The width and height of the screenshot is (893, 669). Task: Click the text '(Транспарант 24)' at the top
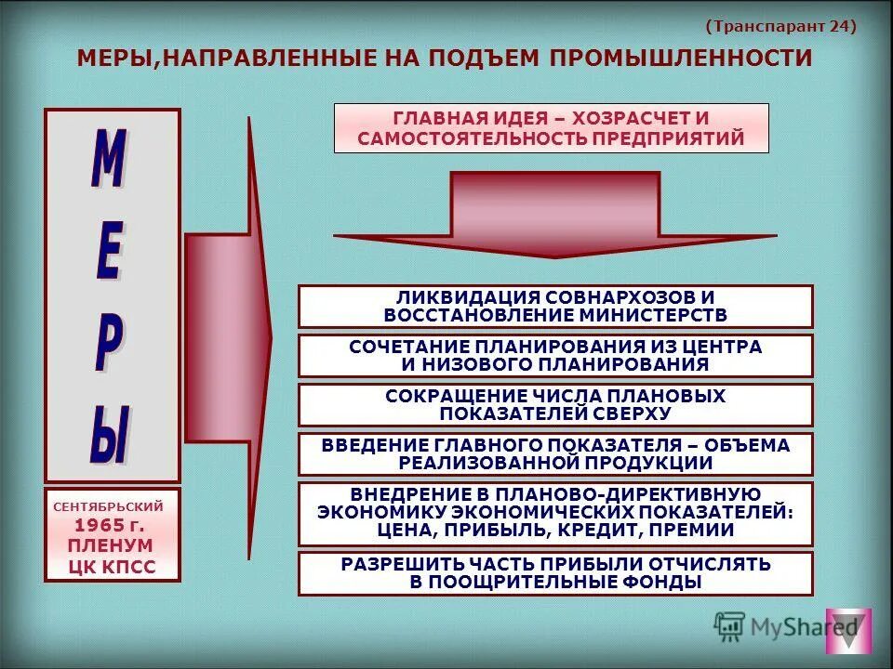[780, 26]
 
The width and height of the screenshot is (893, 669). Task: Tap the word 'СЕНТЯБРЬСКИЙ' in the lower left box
[112, 507]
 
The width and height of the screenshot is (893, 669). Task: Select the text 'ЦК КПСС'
[113, 566]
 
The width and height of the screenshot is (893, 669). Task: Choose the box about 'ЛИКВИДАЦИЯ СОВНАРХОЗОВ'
[555, 307]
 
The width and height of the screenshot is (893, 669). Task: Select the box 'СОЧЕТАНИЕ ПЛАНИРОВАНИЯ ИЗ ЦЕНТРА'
[555, 356]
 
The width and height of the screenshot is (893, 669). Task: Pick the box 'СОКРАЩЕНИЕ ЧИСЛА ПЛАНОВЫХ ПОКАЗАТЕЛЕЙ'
[555, 405]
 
